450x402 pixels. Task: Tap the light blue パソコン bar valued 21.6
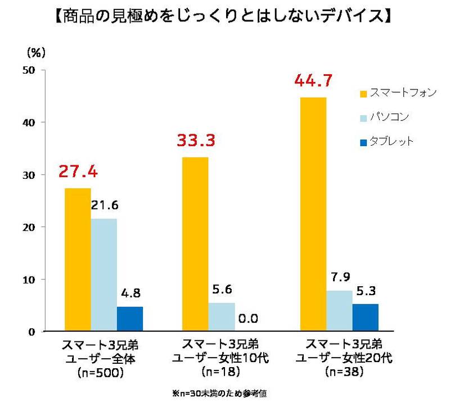pos(103,274)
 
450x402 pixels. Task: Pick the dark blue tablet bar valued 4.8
pos(130,318)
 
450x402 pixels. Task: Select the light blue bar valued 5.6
pos(222,317)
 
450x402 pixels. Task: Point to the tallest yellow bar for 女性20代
pos(313,214)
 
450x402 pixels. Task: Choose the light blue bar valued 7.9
pos(339,310)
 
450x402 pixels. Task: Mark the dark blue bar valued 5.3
pos(366,317)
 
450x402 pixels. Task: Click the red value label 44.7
pos(314,82)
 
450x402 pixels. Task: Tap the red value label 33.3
pos(196,141)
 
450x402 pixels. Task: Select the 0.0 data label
pos(247,319)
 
